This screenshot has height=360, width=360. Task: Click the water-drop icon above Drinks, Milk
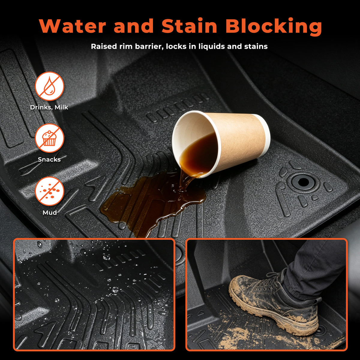click(x=49, y=86)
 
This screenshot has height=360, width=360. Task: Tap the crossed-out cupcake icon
click(x=49, y=138)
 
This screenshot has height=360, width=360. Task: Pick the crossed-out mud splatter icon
click(x=49, y=191)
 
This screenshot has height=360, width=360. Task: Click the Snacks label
click(x=49, y=159)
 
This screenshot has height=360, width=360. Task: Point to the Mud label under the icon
click(x=50, y=212)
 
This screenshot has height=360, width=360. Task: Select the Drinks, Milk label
click(x=49, y=107)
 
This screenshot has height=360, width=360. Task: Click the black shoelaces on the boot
click(x=272, y=282)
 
